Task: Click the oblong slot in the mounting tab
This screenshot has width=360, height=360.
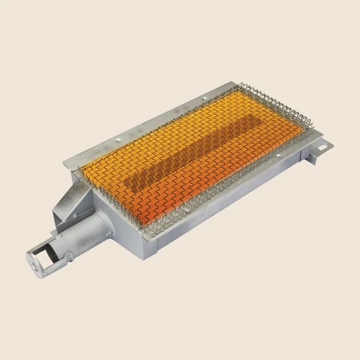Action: click(322, 149)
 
